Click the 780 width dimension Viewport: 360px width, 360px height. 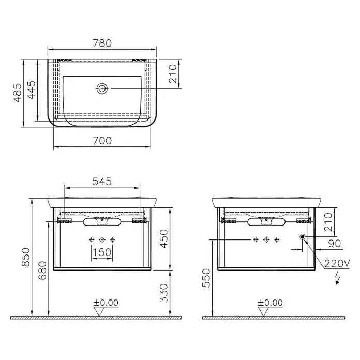coord(102,43)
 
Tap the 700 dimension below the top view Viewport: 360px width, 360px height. coord(102,141)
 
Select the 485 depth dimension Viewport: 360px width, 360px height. coord(18,93)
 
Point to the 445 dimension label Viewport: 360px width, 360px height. coord(32,90)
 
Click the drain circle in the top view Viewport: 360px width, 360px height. coord(102,88)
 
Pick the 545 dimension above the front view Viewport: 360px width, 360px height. coord(102,182)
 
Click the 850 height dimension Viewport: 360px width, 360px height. coord(26,257)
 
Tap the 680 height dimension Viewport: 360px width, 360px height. coord(42,271)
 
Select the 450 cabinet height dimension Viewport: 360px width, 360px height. coord(164,239)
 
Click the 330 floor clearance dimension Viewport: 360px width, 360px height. coord(164,293)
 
